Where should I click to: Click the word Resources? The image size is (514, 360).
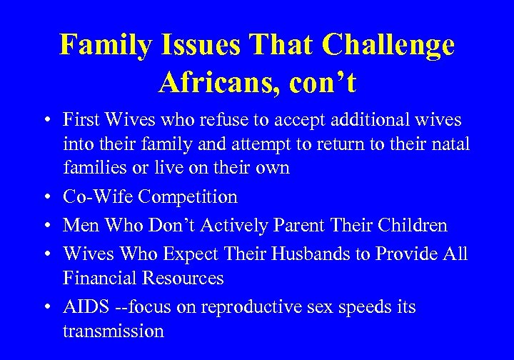pyautogui.click(x=183, y=278)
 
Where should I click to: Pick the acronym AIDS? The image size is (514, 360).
pyautogui.click(x=85, y=307)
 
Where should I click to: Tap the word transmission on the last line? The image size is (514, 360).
pyautogui.click(x=113, y=331)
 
